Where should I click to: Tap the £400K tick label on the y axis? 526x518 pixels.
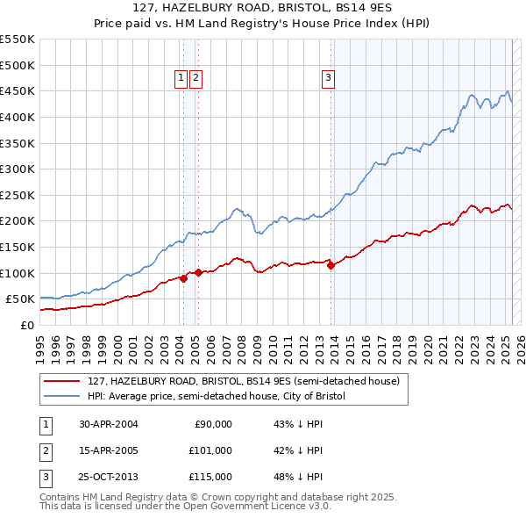click(18, 117)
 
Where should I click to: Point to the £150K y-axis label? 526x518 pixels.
click(18, 247)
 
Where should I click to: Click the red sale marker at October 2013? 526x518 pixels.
click(331, 266)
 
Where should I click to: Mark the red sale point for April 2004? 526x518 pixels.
click(183, 278)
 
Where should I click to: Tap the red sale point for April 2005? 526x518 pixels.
click(198, 273)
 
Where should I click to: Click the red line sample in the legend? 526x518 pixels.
click(63, 381)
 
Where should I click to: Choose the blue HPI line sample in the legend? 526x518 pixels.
click(63, 396)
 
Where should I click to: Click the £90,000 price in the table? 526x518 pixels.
click(213, 424)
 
